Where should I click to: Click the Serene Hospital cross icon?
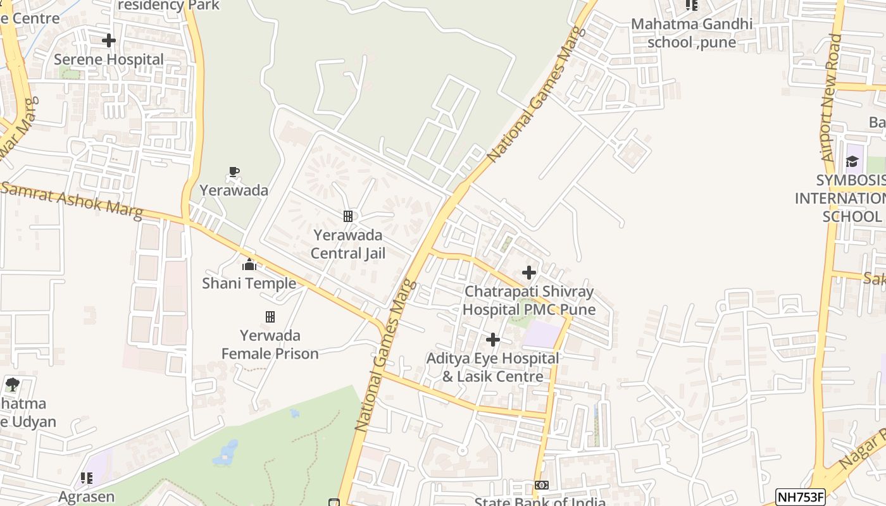(x=109, y=40)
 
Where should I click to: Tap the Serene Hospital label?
(x=109, y=59)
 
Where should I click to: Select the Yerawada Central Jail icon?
(x=347, y=216)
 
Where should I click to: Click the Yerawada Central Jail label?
(x=347, y=244)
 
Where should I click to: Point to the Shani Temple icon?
(x=249, y=264)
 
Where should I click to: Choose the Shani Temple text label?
(x=249, y=283)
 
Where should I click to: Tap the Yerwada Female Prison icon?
(x=270, y=316)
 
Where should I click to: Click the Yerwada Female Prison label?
(x=270, y=345)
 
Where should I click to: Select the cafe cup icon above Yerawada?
(x=234, y=171)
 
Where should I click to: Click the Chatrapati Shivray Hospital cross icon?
(x=529, y=273)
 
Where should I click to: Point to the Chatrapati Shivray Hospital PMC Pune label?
(x=529, y=300)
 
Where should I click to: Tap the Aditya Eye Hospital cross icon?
(x=493, y=340)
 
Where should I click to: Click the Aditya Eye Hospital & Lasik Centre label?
(x=493, y=367)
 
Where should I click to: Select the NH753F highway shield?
(x=801, y=497)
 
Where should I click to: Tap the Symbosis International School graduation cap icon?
(x=852, y=161)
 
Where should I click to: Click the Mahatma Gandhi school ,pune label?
(x=692, y=33)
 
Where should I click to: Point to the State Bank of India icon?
(x=541, y=485)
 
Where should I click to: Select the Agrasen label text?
(x=87, y=497)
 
